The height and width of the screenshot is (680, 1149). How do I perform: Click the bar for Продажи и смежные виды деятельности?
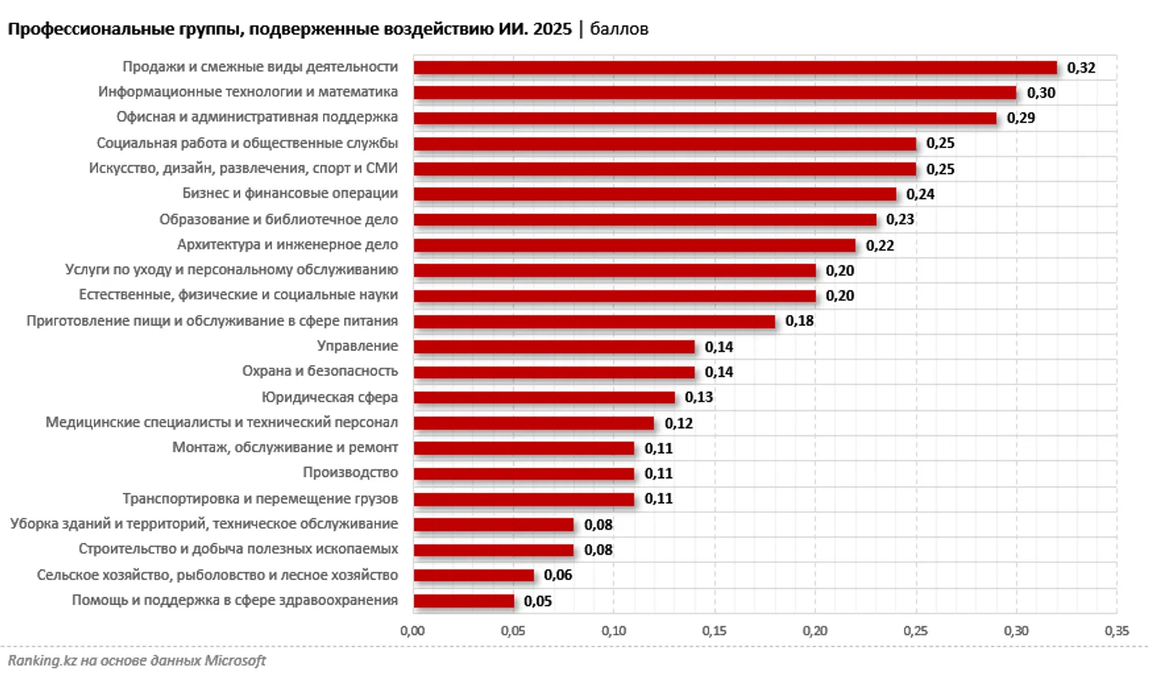[x=735, y=68]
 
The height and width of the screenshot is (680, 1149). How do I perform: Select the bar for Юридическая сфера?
[x=544, y=398]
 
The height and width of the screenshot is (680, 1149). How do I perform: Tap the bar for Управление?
[x=554, y=347]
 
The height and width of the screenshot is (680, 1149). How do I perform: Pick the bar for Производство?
[x=523, y=473]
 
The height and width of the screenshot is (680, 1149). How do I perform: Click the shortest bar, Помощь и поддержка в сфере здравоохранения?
[x=463, y=601]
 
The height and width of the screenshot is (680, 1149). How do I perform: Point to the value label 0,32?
[x=1081, y=68]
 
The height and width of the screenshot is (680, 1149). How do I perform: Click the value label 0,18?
[x=800, y=321]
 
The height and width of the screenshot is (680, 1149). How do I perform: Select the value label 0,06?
[x=558, y=576]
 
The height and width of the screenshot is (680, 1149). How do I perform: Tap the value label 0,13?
[x=699, y=398]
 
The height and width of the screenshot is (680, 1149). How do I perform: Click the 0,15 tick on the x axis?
[x=714, y=631]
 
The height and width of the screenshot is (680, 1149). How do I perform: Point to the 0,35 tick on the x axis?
[x=1116, y=631]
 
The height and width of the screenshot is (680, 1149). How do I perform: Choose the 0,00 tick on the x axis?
[x=413, y=631]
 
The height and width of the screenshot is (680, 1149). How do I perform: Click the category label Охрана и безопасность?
[x=320, y=371]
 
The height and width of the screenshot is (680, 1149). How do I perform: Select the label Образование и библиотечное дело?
[x=278, y=219]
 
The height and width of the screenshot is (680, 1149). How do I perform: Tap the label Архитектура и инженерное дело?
[x=287, y=245]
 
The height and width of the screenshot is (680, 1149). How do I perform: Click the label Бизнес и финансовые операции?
[x=290, y=193]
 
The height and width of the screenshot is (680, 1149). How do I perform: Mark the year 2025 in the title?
[x=552, y=29]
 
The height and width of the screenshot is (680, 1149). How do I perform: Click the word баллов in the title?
[x=619, y=29]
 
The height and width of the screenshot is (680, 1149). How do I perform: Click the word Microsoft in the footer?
[x=235, y=661]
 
